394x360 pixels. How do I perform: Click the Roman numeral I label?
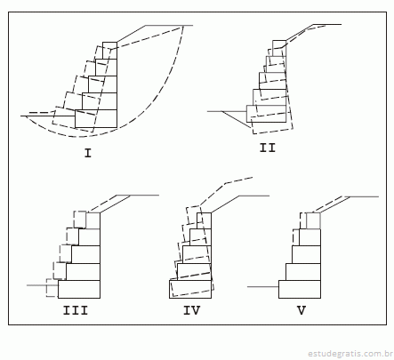pyautogui.click(x=88, y=153)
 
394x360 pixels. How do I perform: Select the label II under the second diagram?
pyautogui.click(x=268, y=148)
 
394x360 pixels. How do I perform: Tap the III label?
pyautogui.click(x=76, y=310)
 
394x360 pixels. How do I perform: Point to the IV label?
pyautogui.click(x=192, y=310)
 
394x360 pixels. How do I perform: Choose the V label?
pyautogui.click(x=302, y=310)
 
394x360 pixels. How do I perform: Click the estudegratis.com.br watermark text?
pyautogui.click(x=350, y=354)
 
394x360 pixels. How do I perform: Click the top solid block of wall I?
pyautogui.click(x=109, y=51)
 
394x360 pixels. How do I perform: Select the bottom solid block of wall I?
pyautogui.click(x=96, y=119)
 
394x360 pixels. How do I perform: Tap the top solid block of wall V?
pyautogui.click(x=313, y=220)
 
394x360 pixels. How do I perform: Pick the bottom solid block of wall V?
pyautogui.click(x=300, y=289)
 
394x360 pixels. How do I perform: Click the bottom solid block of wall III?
pyautogui.click(x=79, y=289)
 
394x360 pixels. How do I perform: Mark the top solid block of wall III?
pyautogui.click(x=93, y=220)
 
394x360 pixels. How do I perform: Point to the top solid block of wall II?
pyautogui.click(x=279, y=48)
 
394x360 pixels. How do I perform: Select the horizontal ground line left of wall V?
pyautogui.click(x=263, y=287)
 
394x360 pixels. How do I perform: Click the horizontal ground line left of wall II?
pyautogui.click(x=227, y=111)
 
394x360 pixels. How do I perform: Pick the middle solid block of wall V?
pyautogui.click(x=306, y=254)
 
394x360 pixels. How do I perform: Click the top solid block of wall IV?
pyautogui.click(x=204, y=220)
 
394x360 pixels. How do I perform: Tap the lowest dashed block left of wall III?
pyautogui.click(x=52, y=288)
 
